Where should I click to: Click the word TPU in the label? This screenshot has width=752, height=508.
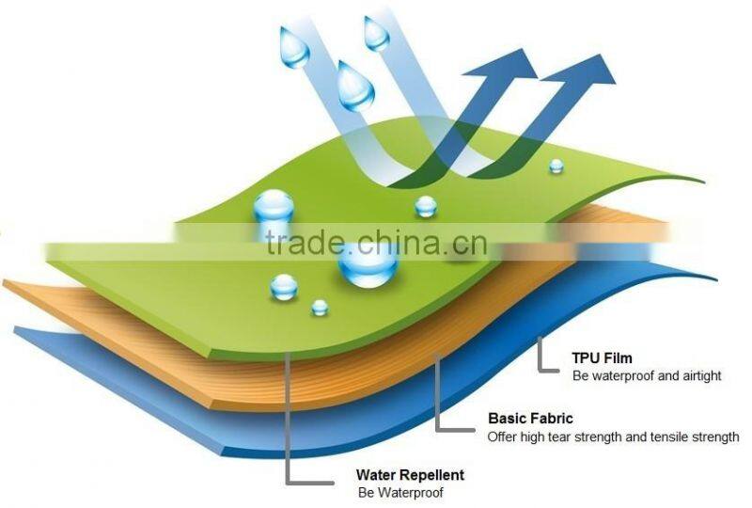[587, 358]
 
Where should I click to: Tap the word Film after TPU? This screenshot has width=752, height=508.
[619, 358]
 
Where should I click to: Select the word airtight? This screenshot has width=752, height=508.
[699, 376]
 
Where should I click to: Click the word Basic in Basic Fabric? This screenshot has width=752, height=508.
[508, 419]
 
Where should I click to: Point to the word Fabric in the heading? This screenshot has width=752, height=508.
[556, 419]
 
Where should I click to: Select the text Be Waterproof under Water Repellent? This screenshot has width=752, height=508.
[399, 492]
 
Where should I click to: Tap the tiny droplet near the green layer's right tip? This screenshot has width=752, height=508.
[556, 166]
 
